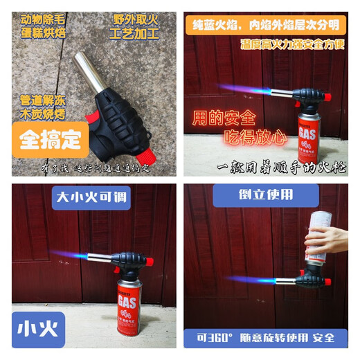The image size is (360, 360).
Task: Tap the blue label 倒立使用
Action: coord(266,195)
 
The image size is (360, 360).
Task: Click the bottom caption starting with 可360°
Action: coord(267,339)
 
